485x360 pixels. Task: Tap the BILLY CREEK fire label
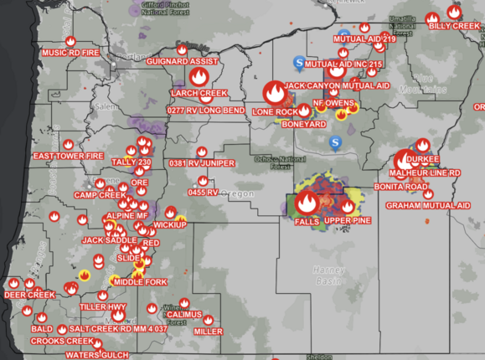[452, 26]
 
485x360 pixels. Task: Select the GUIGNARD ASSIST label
[183, 62]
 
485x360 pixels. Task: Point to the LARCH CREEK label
[199, 92]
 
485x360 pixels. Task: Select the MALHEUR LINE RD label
[431, 172]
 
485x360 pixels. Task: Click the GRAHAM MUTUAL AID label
[427, 205]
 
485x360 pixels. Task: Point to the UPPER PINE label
[346, 220]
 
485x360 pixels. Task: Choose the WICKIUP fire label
[169, 225]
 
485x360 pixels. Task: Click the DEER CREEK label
[29, 295]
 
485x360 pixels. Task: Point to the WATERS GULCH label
[96, 354]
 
